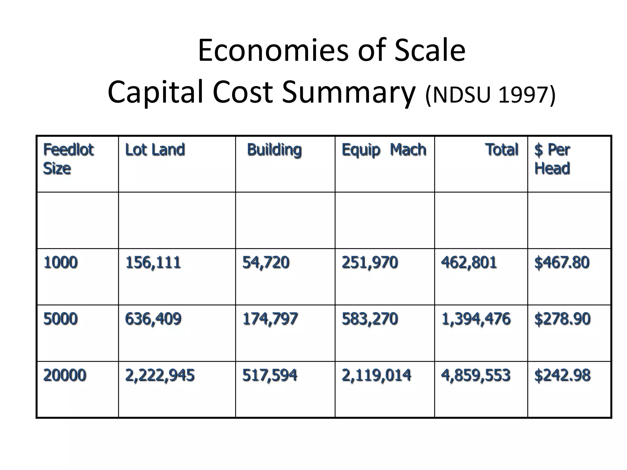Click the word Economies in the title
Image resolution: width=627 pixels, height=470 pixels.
pyautogui.click(x=273, y=50)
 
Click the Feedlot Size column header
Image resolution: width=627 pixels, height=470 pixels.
pyautogui.click(x=68, y=159)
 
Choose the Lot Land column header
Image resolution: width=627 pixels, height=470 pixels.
pyautogui.click(x=155, y=150)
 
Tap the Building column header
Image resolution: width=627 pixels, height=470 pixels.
pyautogui.click(x=274, y=150)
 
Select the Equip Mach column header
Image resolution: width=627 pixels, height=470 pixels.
pyautogui.click(x=384, y=150)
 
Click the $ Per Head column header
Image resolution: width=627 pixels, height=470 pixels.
pyautogui.click(x=552, y=159)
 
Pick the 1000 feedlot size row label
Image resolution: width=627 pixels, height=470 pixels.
pyautogui.click(x=61, y=263)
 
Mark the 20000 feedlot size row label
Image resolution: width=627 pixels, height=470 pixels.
pyautogui.click(x=65, y=375)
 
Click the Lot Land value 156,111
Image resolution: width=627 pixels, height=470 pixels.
pyautogui.click(x=153, y=263)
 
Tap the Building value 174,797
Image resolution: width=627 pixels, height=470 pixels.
pyautogui.click(x=270, y=319)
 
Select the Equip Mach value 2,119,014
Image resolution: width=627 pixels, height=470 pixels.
pyautogui.click(x=376, y=375)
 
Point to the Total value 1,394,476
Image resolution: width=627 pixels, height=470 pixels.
pyautogui.click(x=476, y=319)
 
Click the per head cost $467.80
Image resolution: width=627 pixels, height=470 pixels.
pyautogui.click(x=562, y=263)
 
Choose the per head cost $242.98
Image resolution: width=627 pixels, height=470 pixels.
pyautogui.click(x=562, y=375)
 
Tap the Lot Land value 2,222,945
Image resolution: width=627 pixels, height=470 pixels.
pyautogui.click(x=160, y=375)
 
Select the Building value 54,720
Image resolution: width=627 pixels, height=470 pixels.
pyautogui.click(x=266, y=263)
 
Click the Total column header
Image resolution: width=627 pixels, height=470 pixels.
pyautogui.click(x=501, y=150)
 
